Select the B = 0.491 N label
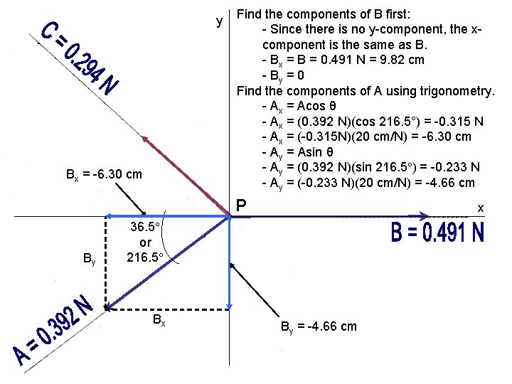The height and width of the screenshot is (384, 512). [x=437, y=233]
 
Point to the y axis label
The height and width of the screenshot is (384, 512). [x=220, y=21]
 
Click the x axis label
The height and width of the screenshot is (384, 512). [x=481, y=208]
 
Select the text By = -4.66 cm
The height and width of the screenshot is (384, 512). [x=319, y=327]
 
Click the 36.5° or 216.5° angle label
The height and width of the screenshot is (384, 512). [x=145, y=242]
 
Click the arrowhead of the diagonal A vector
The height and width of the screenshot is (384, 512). [x=109, y=306]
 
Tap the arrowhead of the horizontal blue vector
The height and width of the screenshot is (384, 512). [x=109, y=215]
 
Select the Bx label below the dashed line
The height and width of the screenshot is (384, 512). [x=159, y=321]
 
